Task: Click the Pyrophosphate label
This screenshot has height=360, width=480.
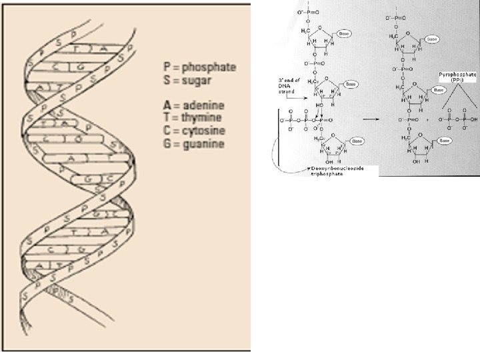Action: [x=457, y=76]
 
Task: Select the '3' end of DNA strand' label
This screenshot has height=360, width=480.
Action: [x=288, y=85]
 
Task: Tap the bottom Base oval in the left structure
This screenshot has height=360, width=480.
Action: [x=357, y=141]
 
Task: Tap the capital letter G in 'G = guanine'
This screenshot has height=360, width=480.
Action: [x=167, y=143]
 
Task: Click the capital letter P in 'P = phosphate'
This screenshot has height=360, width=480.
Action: [x=167, y=67]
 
